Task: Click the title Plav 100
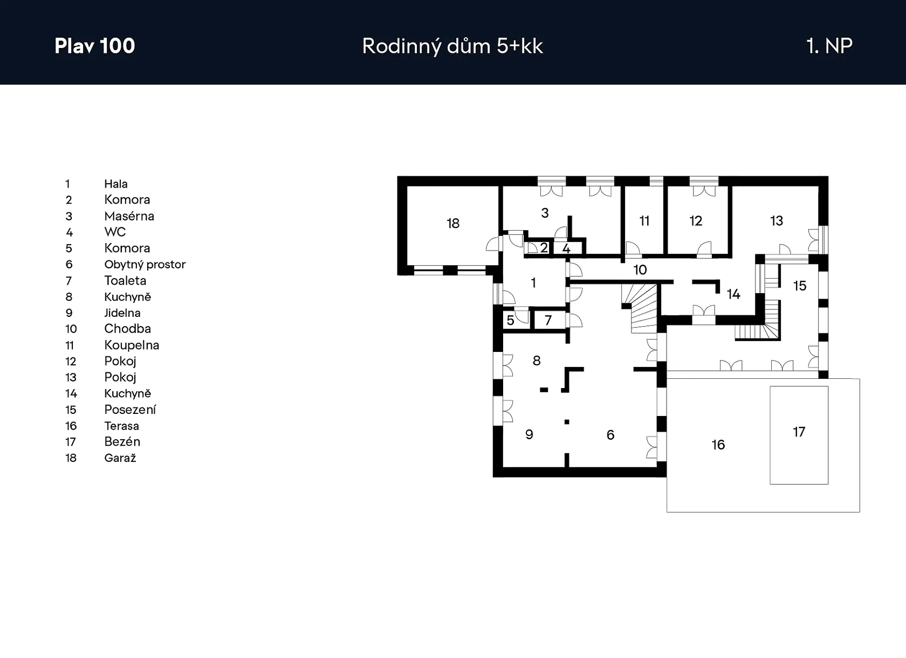coord(95,46)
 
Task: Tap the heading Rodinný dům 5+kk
coord(452,46)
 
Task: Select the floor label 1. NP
coord(829,46)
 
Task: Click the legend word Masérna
coord(129,216)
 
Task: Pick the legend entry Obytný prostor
coord(145,265)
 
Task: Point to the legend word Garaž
coord(120,458)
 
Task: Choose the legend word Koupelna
coord(132,345)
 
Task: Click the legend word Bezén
coord(122,442)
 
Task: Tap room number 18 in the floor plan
coord(453,224)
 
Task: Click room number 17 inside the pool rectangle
coord(799,432)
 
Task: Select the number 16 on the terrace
coord(718,445)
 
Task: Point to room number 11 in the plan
coord(644,221)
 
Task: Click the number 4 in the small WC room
coord(566,248)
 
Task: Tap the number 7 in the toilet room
coord(548,321)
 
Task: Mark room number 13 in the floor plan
coord(777,221)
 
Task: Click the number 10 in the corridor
coord(640,270)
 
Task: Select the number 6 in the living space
coord(610,435)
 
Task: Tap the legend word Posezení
coord(130,410)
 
